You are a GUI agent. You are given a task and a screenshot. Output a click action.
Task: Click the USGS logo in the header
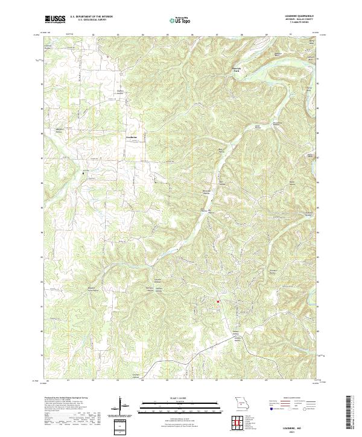tap(55, 19)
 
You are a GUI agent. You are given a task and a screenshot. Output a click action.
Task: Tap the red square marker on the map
tap(218, 301)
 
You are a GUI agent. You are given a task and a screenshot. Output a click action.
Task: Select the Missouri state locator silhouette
tap(241, 403)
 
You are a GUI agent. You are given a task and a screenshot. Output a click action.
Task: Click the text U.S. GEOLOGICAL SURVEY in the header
tap(91, 20)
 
